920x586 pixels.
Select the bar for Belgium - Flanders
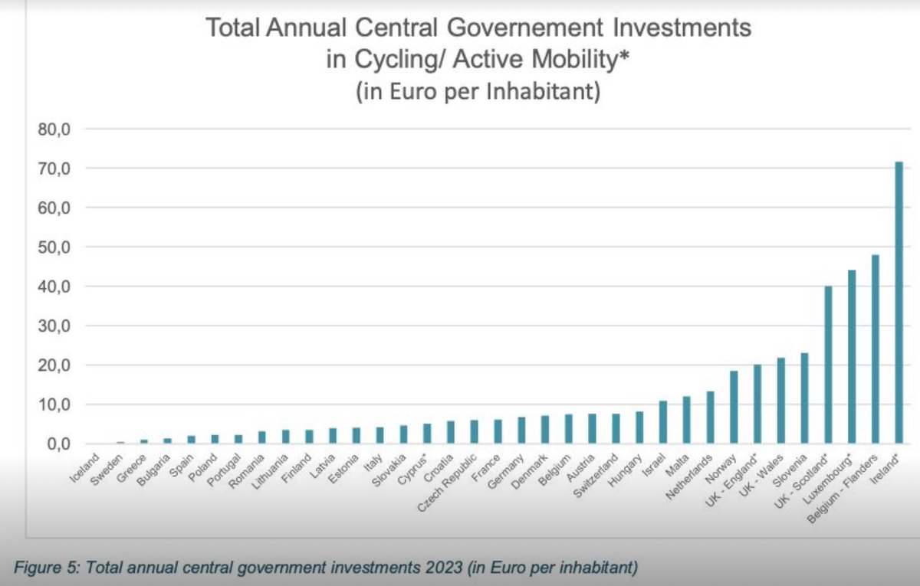click(x=875, y=349)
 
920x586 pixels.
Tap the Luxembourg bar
click(x=851, y=357)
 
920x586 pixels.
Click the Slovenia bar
click(x=804, y=398)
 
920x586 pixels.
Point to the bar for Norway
click(x=734, y=407)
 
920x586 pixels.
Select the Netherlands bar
click(x=710, y=417)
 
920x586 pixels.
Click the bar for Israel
click(x=663, y=422)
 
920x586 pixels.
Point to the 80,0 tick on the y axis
click(x=54, y=129)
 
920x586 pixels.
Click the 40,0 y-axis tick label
click(x=54, y=286)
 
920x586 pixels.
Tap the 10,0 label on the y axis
click(x=54, y=404)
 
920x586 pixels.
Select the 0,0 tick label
click(x=57, y=444)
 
